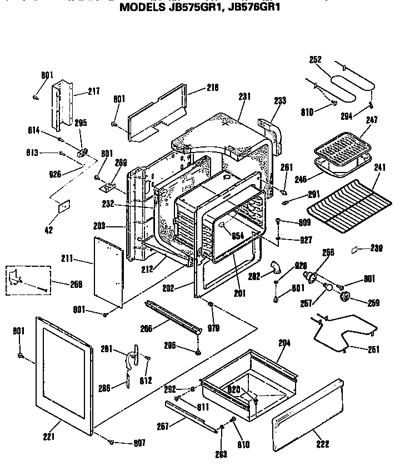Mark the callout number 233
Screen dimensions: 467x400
pos(280,100)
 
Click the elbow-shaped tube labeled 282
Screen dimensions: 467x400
pos(274,267)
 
